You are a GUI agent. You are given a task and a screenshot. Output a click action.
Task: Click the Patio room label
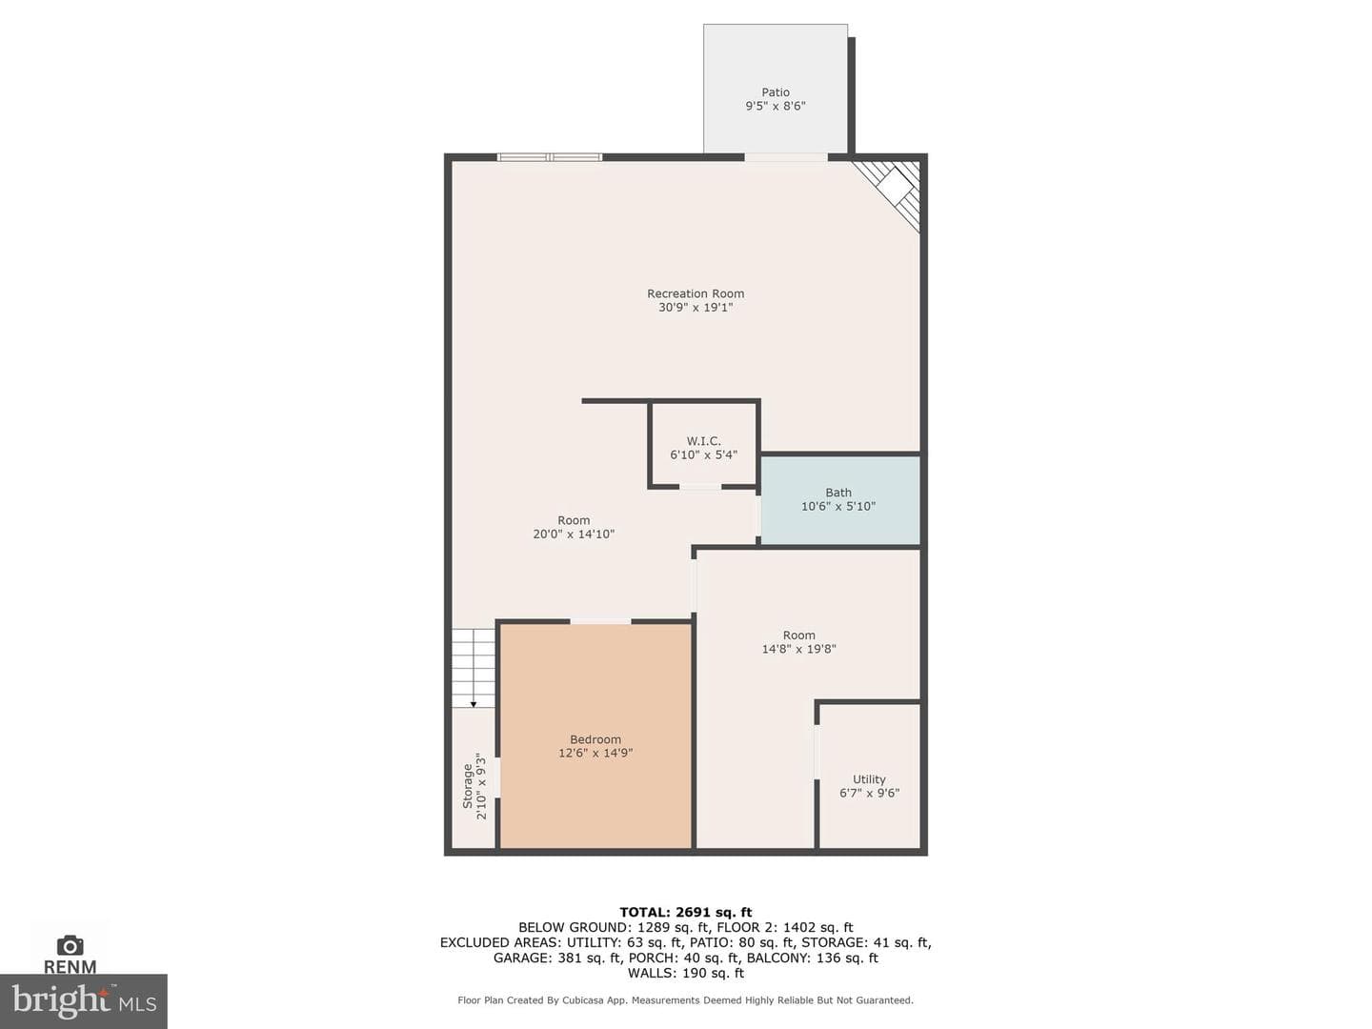(x=775, y=92)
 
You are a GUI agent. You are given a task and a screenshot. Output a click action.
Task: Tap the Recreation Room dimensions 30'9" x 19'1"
(x=696, y=308)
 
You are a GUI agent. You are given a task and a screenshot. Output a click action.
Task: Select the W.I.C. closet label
(x=704, y=441)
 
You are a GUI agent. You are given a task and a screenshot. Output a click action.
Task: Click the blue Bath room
(x=839, y=500)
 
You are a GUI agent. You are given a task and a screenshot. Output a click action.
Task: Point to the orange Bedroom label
(x=595, y=739)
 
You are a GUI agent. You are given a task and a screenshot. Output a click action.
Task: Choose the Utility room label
(x=869, y=779)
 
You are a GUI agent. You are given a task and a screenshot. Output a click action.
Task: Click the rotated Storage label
(x=468, y=786)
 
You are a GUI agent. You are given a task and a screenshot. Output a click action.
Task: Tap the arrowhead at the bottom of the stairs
(x=474, y=705)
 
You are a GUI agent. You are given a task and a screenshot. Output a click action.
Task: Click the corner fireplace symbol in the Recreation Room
(x=890, y=190)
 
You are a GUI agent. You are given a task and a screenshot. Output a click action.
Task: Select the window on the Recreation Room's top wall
(x=550, y=157)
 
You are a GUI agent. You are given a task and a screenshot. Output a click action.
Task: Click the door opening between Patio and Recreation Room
(x=786, y=157)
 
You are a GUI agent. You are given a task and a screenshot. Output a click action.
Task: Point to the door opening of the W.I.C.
(x=700, y=486)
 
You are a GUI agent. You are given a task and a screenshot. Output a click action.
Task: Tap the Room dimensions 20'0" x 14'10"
(x=574, y=535)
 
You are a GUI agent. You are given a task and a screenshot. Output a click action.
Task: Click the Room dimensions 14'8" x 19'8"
(x=798, y=649)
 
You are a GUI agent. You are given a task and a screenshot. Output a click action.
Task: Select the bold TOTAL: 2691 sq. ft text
(x=686, y=912)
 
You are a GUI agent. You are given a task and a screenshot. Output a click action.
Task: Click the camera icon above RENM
(x=70, y=945)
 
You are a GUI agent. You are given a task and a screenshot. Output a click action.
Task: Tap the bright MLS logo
(x=84, y=1000)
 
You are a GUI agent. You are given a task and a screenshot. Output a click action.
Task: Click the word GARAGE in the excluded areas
(x=517, y=958)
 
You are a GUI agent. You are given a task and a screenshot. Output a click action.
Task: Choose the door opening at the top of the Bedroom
(x=600, y=621)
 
